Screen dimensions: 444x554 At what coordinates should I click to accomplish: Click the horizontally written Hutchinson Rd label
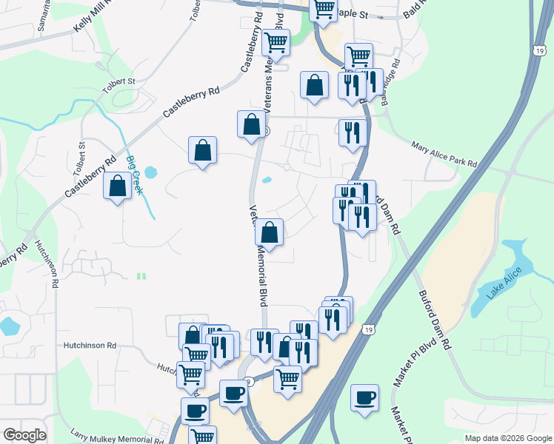click(90, 345)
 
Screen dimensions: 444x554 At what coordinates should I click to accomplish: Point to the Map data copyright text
click(508, 438)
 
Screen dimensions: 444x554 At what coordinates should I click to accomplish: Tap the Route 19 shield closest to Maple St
click(538, 48)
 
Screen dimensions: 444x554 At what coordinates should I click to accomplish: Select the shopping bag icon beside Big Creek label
click(118, 186)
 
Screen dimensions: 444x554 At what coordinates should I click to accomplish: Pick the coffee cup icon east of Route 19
click(364, 397)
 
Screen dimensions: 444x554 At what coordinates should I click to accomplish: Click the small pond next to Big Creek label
click(151, 174)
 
